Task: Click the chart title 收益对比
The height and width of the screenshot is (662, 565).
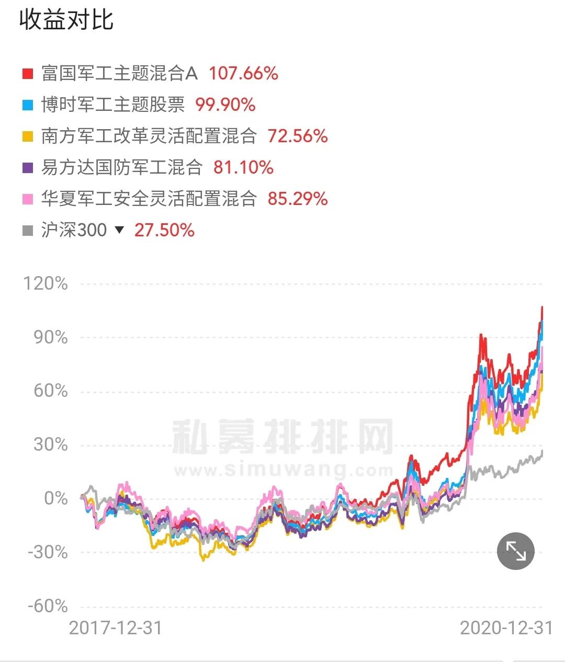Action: [66, 20]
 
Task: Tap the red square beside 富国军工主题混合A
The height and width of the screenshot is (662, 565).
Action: [27, 73]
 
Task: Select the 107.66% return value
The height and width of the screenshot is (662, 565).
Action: [243, 73]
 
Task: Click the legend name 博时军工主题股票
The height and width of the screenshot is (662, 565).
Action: [113, 105]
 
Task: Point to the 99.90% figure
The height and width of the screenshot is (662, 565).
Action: [225, 105]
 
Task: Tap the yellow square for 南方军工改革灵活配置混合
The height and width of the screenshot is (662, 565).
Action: [27, 136]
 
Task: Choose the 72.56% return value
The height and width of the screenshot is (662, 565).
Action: [298, 136]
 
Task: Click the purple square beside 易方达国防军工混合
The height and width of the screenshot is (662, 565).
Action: [27, 167]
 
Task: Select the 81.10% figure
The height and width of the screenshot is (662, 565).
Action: [243, 167]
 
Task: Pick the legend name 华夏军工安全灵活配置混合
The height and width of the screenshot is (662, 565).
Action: [149, 199]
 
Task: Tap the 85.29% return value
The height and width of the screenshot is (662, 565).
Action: [298, 199]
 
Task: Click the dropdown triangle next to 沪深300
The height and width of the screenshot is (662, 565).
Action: [120, 230]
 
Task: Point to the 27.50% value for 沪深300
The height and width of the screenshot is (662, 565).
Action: [164, 230]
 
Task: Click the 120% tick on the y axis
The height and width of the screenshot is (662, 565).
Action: [46, 283]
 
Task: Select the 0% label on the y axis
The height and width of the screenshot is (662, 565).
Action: [55, 498]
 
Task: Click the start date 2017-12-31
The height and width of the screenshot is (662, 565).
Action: [116, 627]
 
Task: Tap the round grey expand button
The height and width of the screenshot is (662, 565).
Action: [516, 551]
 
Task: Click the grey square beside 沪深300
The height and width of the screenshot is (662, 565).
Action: [27, 230]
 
